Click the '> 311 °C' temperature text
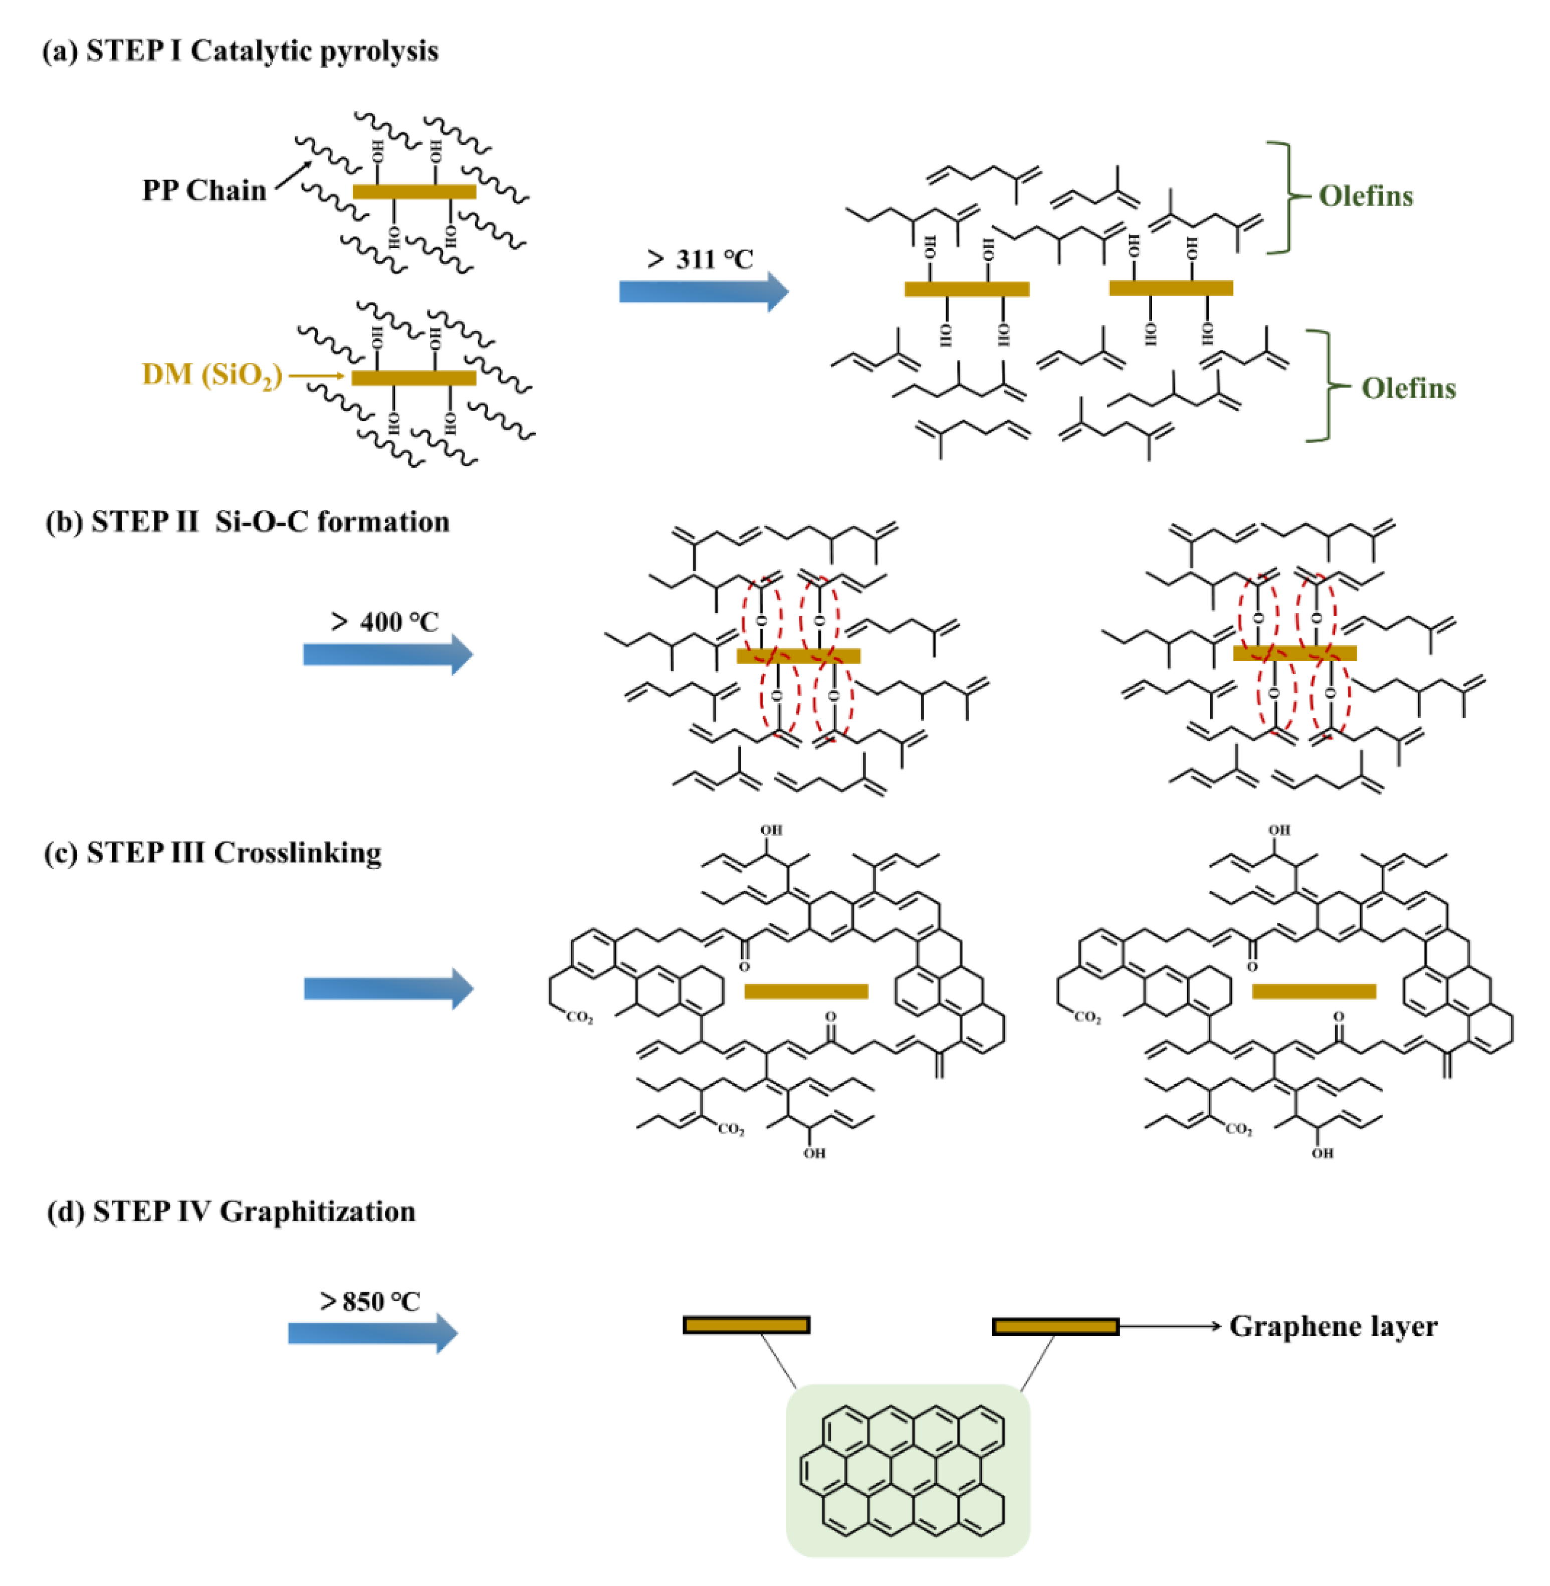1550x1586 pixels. click(x=700, y=260)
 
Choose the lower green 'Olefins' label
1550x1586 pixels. click(x=1408, y=388)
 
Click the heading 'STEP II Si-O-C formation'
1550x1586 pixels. click(x=270, y=522)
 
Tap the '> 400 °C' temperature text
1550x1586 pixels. click(x=384, y=622)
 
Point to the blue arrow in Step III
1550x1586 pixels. click(x=387, y=988)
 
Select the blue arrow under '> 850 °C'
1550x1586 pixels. click(x=372, y=1333)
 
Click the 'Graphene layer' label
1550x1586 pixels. click(x=1333, y=1326)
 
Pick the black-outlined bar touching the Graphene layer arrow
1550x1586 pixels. click(x=1055, y=1326)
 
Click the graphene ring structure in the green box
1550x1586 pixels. click(x=907, y=1470)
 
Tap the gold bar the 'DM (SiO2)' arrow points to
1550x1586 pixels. click(x=413, y=378)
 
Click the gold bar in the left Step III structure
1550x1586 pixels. click(x=806, y=991)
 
